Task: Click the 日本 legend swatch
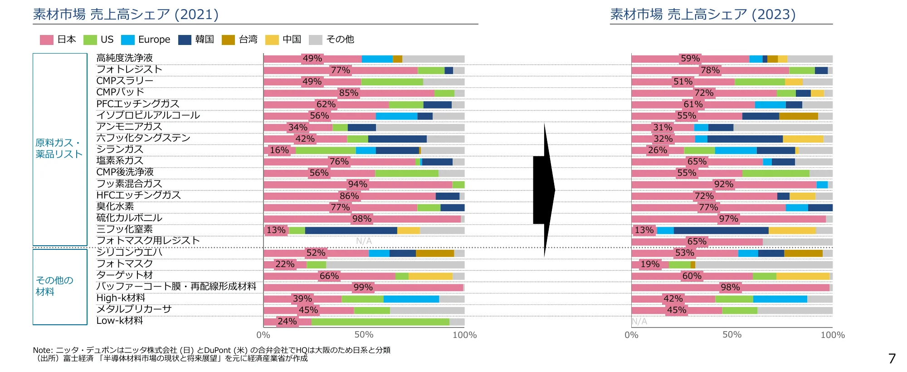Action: [x=46, y=40]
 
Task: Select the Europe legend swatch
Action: [x=128, y=40]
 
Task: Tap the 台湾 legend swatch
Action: [x=228, y=40]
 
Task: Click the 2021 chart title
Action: [x=126, y=15]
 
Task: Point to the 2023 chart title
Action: [x=702, y=15]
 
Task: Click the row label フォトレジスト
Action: [x=129, y=69]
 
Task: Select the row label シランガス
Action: [x=120, y=149]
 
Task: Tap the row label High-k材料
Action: [x=121, y=298]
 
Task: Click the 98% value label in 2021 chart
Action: [x=362, y=219]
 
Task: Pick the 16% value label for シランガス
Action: [x=279, y=150]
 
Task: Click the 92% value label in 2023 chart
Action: [x=723, y=184]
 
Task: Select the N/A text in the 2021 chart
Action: [x=364, y=241]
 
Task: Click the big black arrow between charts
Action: [x=544, y=190]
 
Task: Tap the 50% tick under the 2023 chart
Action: [x=732, y=335]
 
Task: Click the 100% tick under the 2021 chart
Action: [x=464, y=335]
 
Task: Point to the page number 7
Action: [x=892, y=359]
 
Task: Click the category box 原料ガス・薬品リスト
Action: [x=59, y=149]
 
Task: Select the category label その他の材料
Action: [x=54, y=286]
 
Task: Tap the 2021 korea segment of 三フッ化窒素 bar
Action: [x=351, y=230]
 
